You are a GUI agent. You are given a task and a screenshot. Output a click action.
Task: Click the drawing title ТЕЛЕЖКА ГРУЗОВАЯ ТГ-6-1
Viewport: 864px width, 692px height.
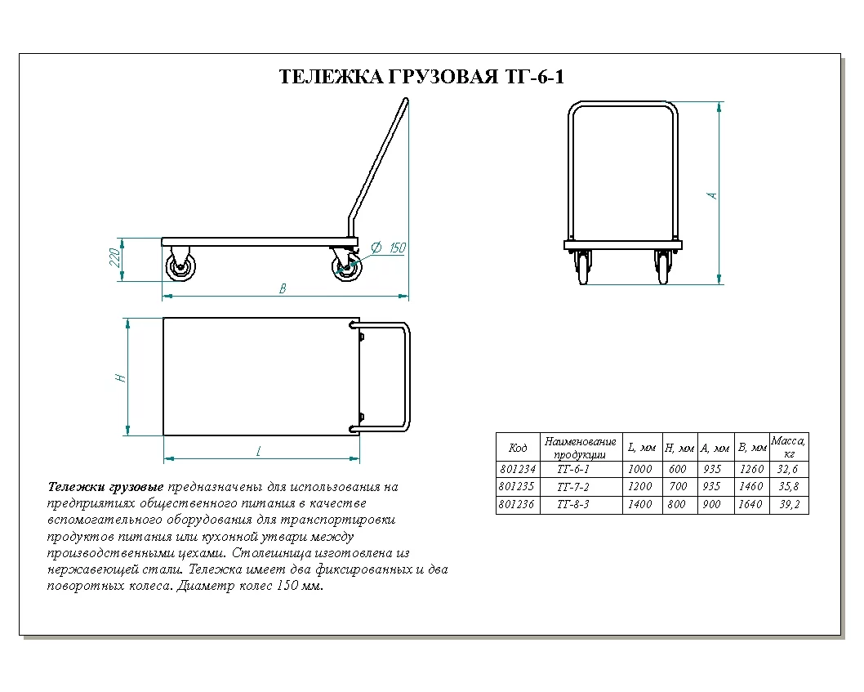[x=422, y=77]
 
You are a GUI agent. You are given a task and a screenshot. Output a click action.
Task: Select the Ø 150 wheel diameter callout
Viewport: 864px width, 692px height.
[x=389, y=248]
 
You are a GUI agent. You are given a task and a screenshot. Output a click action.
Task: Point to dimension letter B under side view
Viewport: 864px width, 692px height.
[x=283, y=288]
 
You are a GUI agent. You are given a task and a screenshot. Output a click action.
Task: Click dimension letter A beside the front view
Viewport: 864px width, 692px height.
[x=712, y=195]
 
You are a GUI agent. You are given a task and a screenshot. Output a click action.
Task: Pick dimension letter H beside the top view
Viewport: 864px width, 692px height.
[x=119, y=377]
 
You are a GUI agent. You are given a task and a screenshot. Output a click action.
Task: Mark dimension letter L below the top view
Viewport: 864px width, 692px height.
[x=259, y=451]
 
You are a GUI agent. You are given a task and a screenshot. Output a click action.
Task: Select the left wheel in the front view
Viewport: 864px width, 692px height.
[x=582, y=268]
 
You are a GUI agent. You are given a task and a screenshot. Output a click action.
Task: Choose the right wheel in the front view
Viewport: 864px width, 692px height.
[x=662, y=268]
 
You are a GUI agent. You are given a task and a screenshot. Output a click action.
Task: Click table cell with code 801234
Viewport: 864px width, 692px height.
[x=518, y=470]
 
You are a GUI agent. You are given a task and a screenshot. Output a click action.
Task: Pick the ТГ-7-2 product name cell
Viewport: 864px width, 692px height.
[x=572, y=487]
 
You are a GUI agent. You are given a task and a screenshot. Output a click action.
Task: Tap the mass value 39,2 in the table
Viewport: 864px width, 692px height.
[x=789, y=505]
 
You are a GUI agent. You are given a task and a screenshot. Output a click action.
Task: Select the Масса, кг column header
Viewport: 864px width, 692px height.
[x=789, y=447]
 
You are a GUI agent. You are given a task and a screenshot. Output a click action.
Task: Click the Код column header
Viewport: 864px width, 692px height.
[x=518, y=448]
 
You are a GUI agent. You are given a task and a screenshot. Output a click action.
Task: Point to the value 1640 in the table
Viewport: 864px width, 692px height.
[x=751, y=505]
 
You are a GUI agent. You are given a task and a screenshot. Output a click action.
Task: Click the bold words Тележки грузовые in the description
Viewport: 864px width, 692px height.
[x=106, y=487]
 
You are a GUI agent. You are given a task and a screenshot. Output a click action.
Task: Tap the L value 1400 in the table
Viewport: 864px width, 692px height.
[x=640, y=505]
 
